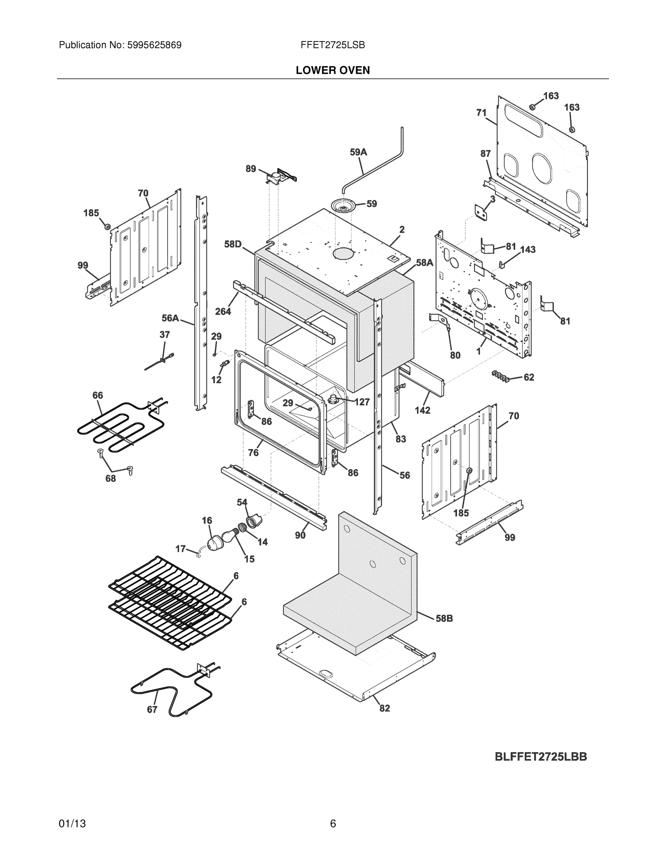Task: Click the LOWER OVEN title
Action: [332, 70]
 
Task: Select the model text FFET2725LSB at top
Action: [332, 45]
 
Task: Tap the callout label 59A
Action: [358, 152]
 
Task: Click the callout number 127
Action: [362, 402]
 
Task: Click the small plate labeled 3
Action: [481, 213]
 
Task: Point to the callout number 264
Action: [223, 311]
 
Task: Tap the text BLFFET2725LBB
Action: [541, 757]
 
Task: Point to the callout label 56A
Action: [170, 318]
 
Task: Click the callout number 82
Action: [385, 708]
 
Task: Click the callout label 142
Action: [422, 410]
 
